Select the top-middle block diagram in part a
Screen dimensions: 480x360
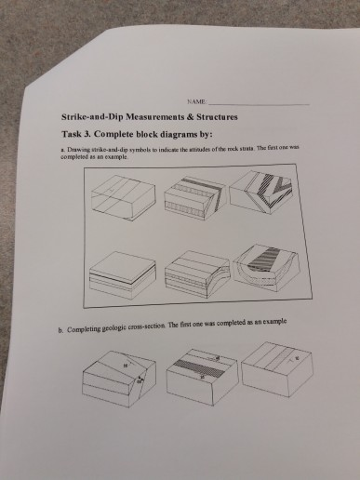(x=193, y=196)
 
